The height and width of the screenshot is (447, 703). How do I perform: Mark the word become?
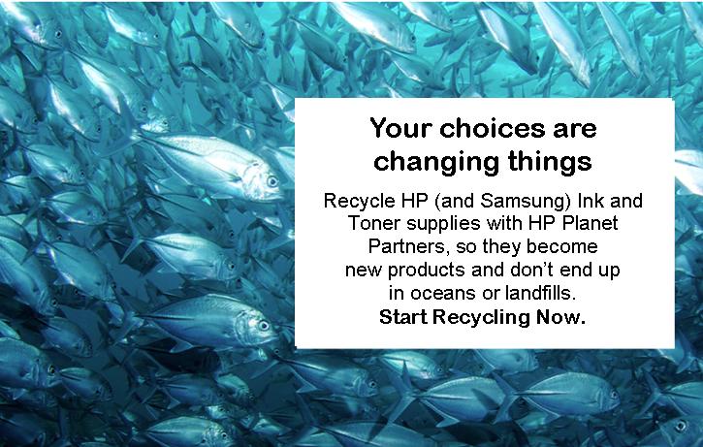coord(562,246)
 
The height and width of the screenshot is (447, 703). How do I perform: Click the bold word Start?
coord(403,317)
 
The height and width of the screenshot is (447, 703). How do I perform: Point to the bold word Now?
coord(560,317)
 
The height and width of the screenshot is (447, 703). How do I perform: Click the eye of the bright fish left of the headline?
coord(272,181)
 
